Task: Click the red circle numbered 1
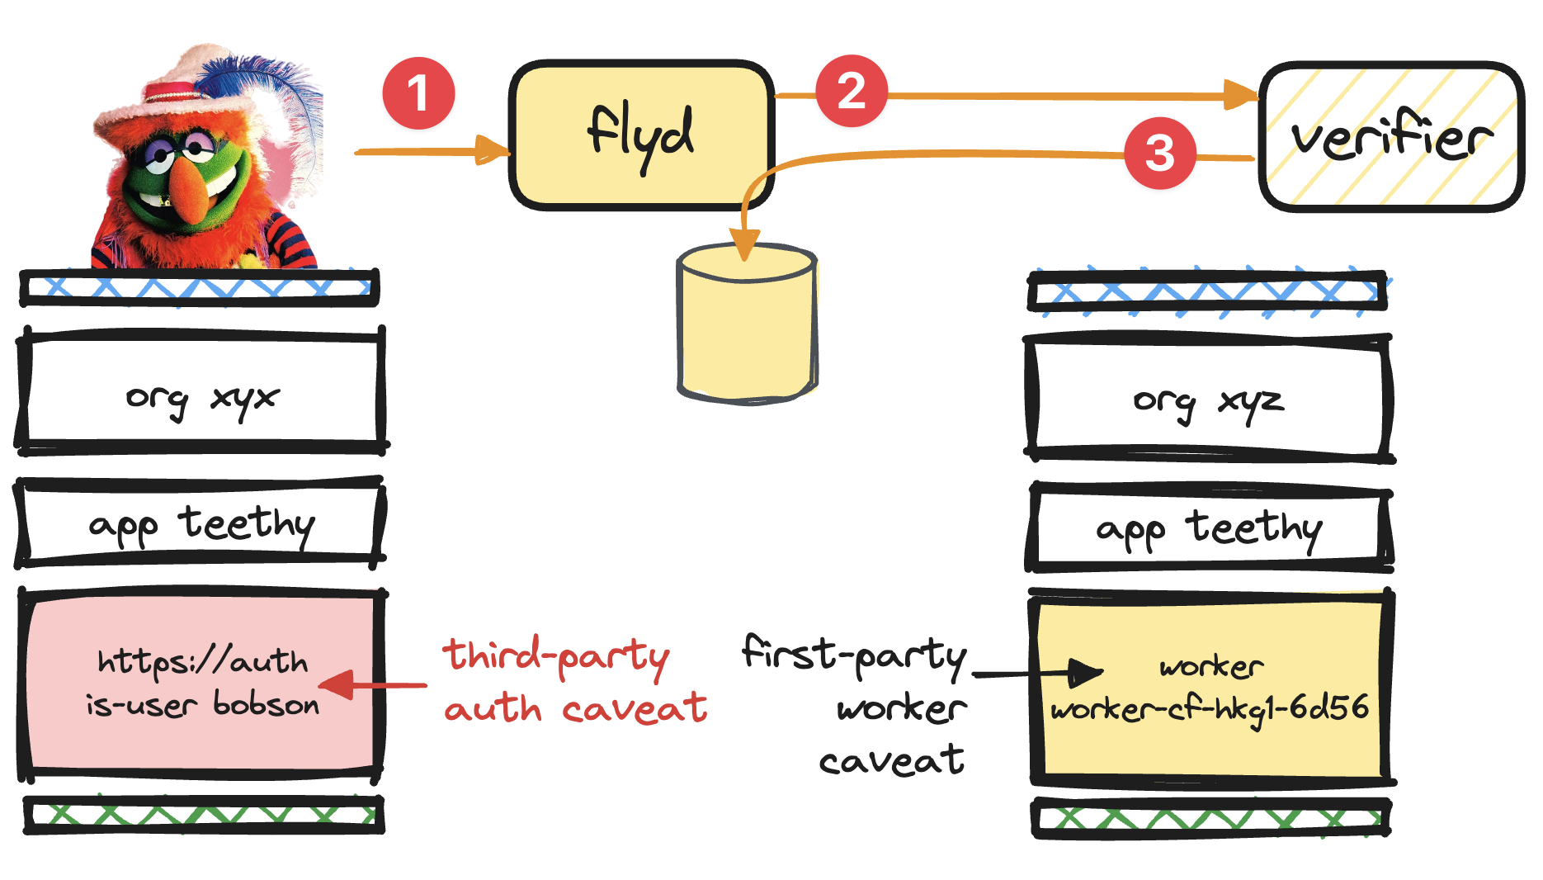coord(418,93)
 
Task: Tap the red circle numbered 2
coord(852,91)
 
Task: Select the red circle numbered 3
coord(1159,153)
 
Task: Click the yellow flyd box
coord(641,135)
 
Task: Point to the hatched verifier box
coord(1391,137)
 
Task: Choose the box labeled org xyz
coord(1208,400)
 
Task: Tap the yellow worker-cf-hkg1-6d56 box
coord(1210,687)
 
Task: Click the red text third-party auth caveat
coord(574,681)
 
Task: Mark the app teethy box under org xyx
coord(201,523)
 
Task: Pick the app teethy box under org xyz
coord(1210,528)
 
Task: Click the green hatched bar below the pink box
coord(204,816)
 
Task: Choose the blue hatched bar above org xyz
coord(1207,291)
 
